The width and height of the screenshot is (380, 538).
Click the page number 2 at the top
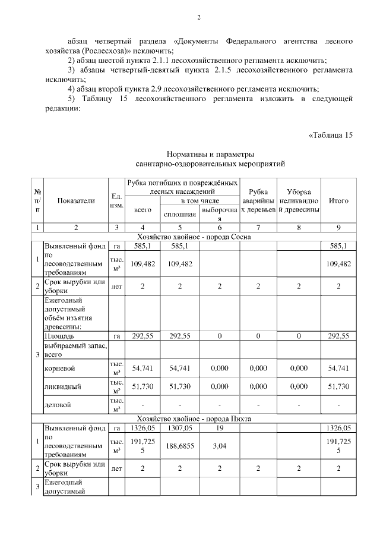[199, 17]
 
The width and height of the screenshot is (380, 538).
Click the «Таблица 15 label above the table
[331, 134]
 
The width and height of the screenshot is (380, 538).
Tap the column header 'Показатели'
[75, 201]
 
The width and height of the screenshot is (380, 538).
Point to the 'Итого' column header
[338, 201]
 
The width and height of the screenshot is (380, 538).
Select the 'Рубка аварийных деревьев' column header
[258, 201]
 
